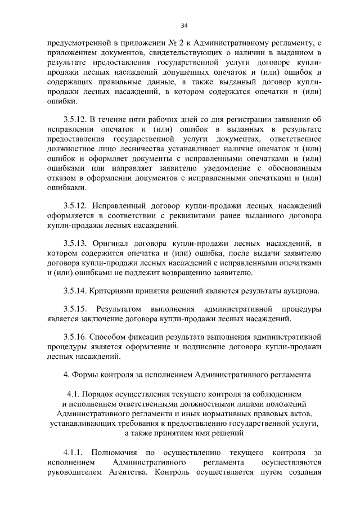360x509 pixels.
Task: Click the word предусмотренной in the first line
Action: [75, 42]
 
